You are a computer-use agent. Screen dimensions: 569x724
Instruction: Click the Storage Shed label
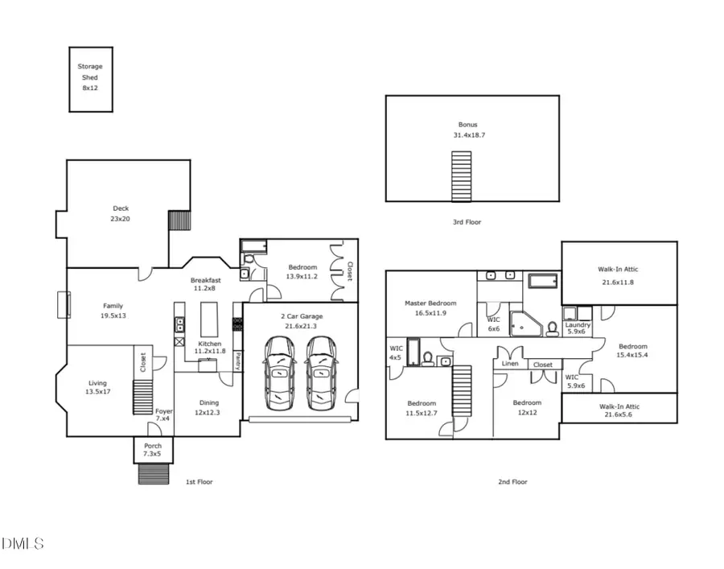(x=90, y=77)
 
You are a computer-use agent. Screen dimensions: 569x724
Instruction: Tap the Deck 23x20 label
(x=121, y=213)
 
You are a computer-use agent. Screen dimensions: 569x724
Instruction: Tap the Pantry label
(x=238, y=361)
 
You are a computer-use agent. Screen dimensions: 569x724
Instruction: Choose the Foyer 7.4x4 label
(x=163, y=414)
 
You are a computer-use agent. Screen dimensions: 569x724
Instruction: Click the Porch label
(x=153, y=450)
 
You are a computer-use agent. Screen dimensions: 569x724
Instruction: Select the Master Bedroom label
(x=430, y=308)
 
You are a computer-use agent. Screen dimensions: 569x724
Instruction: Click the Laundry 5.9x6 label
(x=578, y=328)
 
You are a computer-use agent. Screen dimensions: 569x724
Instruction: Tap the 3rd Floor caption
(x=467, y=222)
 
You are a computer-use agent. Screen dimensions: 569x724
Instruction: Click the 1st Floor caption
(x=200, y=481)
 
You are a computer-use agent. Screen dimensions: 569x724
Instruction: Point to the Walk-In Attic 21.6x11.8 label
(x=618, y=276)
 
